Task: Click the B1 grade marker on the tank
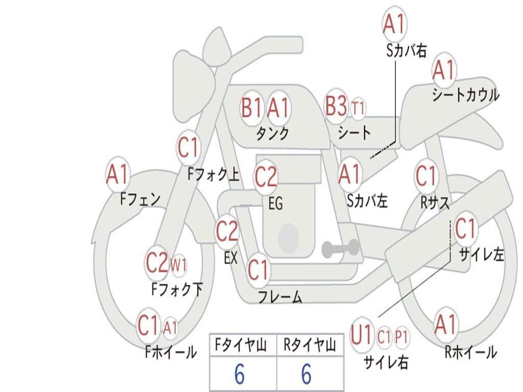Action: coord(252,108)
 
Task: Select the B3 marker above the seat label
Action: coord(336,106)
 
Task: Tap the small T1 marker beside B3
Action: coord(358,108)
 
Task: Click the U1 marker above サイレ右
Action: coord(362,334)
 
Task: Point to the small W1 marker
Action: coord(178,265)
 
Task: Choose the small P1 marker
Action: coord(401,337)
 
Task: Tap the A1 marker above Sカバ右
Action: coord(394,23)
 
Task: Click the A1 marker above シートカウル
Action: coord(444,69)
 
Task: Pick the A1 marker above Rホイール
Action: coord(445,324)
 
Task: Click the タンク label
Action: coord(273,134)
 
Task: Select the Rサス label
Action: coord(435,202)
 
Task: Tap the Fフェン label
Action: coord(140,199)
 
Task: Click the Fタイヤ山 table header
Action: coord(241,345)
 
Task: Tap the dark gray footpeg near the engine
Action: coord(340,248)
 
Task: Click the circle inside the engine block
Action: coord(289,238)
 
